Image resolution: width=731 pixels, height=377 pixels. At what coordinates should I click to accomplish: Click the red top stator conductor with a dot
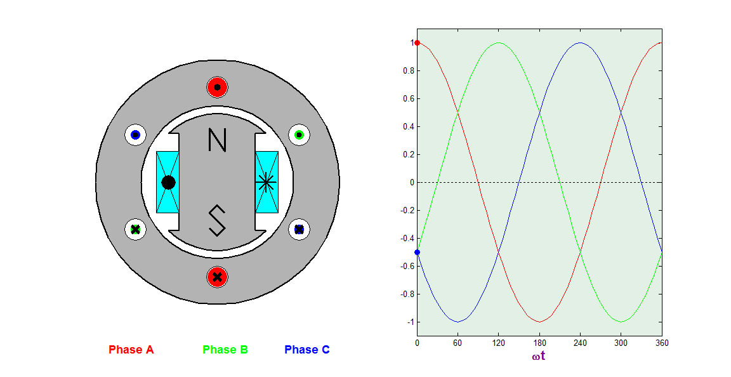click(217, 87)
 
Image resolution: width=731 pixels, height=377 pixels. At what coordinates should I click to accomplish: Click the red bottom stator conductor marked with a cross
click(217, 277)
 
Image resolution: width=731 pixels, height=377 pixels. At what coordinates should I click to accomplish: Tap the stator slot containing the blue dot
click(135, 135)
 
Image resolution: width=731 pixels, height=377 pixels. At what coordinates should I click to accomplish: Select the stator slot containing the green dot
click(299, 135)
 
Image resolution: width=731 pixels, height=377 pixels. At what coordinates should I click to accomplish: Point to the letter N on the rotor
click(217, 140)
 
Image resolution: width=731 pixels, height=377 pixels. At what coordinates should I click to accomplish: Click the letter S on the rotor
click(217, 220)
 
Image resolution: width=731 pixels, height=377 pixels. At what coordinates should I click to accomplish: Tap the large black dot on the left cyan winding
click(168, 182)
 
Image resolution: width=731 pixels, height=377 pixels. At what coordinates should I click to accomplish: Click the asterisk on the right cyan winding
click(266, 182)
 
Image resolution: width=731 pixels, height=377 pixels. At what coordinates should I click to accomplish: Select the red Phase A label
click(131, 350)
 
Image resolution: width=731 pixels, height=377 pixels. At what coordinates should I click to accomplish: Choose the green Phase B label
click(225, 350)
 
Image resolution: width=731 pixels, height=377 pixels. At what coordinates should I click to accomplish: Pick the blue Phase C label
click(307, 350)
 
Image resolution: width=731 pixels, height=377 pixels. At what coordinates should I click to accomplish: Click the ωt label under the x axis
click(539, 356)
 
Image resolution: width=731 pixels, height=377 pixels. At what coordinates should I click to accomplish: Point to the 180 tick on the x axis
click(539, 343)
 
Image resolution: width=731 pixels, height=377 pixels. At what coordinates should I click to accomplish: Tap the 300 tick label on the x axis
click(621, 343)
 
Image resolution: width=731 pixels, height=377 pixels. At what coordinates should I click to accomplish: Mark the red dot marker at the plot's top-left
click(417, 43)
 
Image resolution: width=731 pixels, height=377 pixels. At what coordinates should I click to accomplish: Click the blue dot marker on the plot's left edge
click(417, 252)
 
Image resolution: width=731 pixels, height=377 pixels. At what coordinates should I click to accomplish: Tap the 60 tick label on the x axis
click(458, 343)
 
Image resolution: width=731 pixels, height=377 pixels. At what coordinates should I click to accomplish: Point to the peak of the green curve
click(499, 43)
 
